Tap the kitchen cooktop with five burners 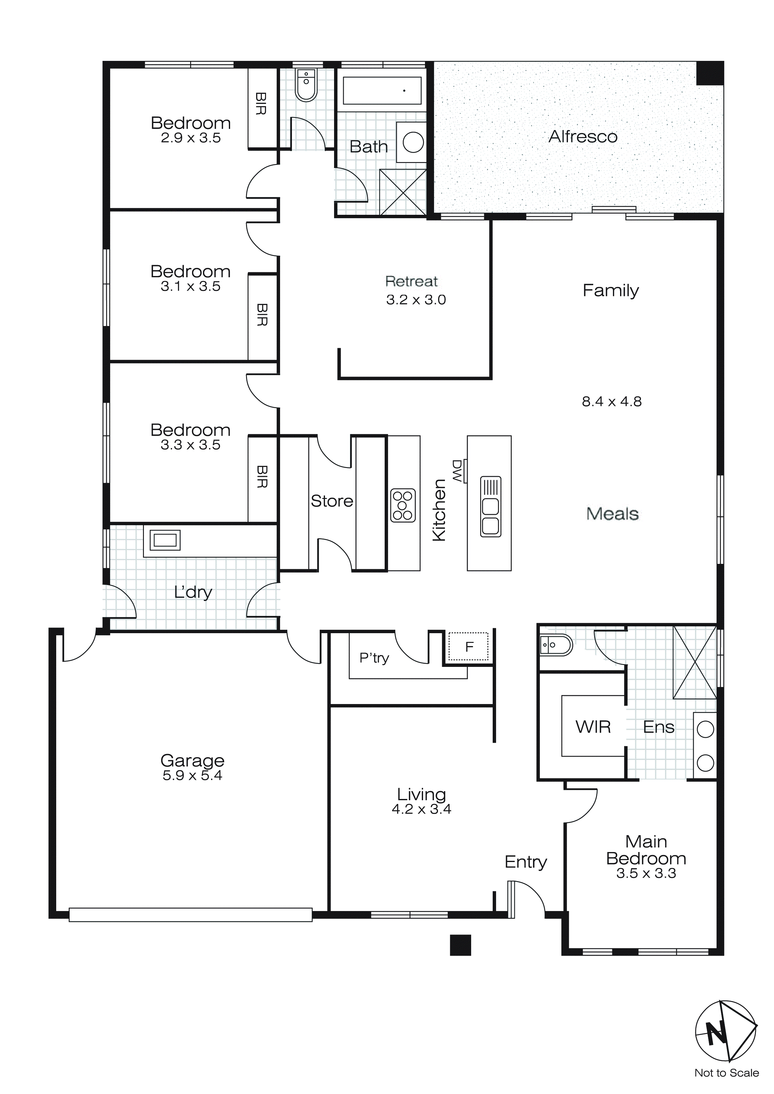pyautogui.click(x=403, y=505)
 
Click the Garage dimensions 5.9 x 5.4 pyautogui.click(x=192, y=776)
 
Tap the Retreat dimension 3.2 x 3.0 pyautogui.click(x=416, y=300)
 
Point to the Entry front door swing pyautogui.click(x=527, y=898)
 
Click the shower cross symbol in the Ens pyautogui.click(x=694, y=662)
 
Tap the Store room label pyautogui.click(x=332, y=501)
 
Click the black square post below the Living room pyautogui.click(x=461, y=944)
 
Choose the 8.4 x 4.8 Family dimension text pyautogui.click(x=611, y=402)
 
